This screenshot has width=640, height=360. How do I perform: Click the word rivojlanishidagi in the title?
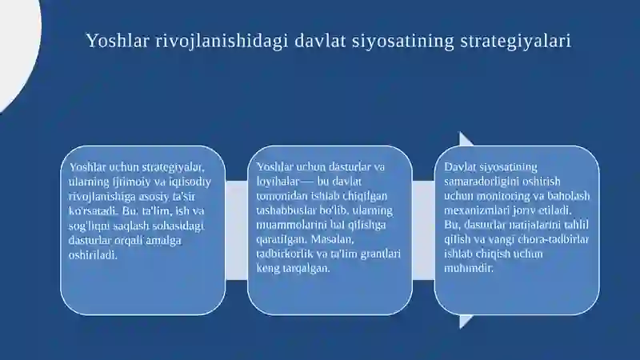[x=222, y=41]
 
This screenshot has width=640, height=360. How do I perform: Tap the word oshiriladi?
[x=93, y=255]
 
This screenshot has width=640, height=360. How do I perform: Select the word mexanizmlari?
[x=470, y=210]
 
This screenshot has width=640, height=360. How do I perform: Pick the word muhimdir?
[x=469, y=268]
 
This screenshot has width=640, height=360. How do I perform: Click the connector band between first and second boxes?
[x=236, y=230]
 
